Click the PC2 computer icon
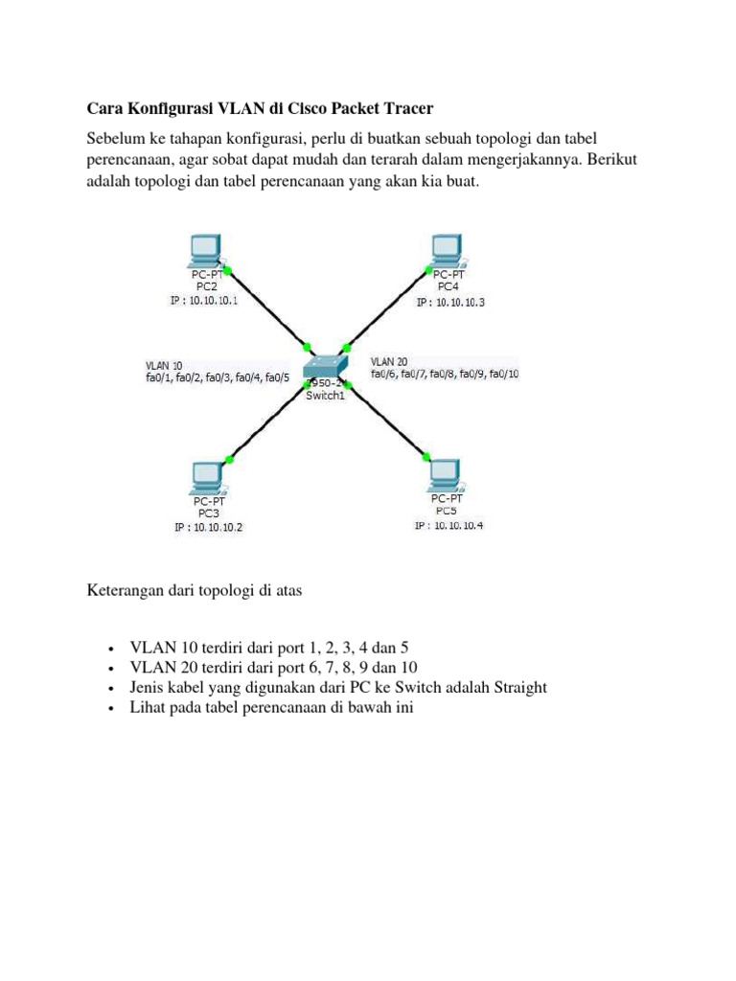pos(204,250)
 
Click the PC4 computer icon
pos(444,250)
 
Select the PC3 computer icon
pos(205,475)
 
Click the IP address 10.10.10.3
pos(451,302)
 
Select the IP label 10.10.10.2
pos(208,527)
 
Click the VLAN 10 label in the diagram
pos(164,365)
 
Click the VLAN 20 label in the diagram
pos(389,361)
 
